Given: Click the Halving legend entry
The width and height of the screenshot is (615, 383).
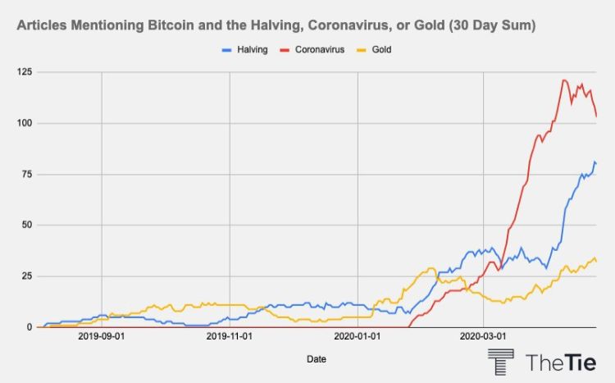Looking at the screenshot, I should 244,50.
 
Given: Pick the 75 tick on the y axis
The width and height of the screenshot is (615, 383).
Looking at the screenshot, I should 21,174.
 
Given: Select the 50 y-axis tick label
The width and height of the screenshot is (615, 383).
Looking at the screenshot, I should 21,225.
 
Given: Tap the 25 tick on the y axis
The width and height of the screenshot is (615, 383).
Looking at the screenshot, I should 21,276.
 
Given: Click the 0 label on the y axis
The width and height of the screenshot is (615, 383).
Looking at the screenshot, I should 25,326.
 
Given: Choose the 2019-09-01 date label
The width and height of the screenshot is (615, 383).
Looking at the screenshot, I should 102,336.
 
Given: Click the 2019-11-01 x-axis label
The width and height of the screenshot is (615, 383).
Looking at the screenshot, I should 230,336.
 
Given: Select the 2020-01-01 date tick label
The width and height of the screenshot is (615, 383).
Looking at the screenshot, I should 358,336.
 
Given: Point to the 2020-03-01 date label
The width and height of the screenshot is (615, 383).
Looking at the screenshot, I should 484,336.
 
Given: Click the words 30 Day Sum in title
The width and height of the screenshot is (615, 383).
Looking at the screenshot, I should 490,26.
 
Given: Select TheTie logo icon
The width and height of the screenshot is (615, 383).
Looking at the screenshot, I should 501,362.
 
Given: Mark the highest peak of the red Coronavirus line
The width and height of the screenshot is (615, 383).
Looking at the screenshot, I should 563,80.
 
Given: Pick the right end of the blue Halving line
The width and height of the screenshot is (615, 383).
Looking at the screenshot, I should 596,163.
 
